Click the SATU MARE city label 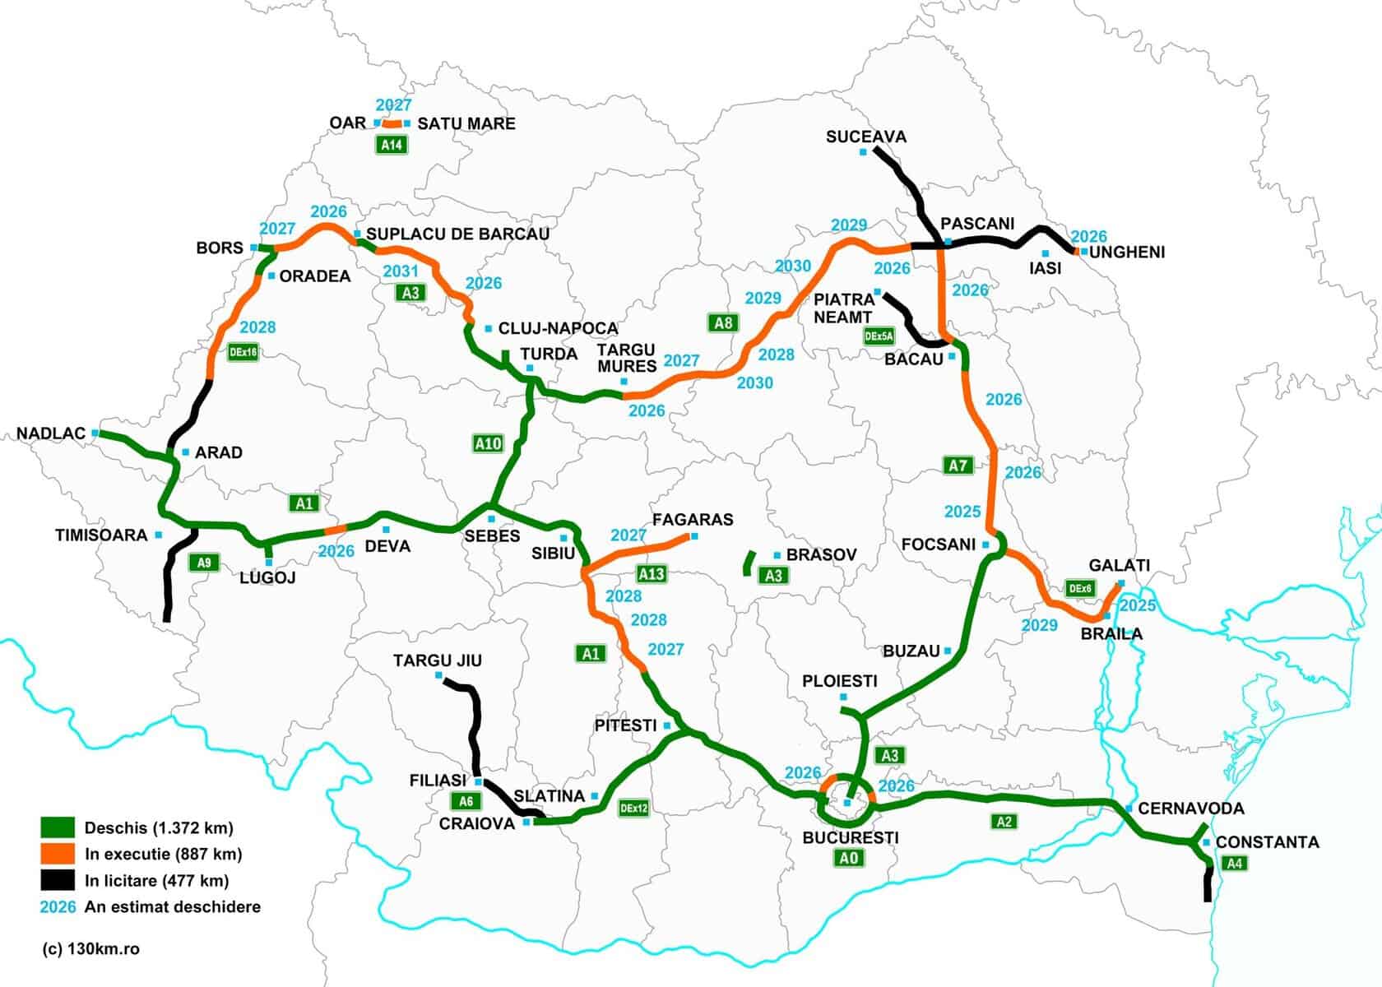(x=466, y=123)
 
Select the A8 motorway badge (x=723, y=322)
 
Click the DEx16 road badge (x=243, y=352)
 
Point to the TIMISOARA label (x=101, y=535)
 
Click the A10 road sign (x=488, y=443)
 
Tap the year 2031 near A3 (x=401, y=271)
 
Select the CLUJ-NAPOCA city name (x=558, y=328)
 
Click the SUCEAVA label (x=865, y=137)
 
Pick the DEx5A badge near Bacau (x=879, y=336)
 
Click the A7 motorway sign (x=958, y=466)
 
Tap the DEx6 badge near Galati (x=1080, y=588)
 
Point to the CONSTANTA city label (x=1267, y=842)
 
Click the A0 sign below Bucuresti (x=849, y=859)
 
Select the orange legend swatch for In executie (x=58, y=854)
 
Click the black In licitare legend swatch (x=58, y=880)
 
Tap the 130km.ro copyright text (x=90, y=948)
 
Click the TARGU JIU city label (x=437, y=660)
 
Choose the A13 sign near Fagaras (x=652, y=573)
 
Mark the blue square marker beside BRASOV (x=777, y=556)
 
